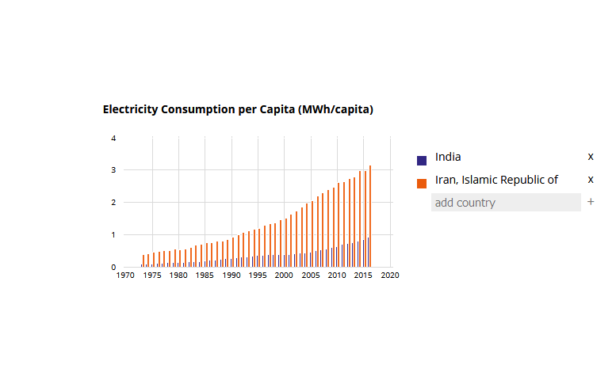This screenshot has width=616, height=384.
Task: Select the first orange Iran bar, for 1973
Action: coord(143,260)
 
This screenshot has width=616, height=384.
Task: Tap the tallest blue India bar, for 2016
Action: coord(368,253)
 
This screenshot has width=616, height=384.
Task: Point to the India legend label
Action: coord(448,157)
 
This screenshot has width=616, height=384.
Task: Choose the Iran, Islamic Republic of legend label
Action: coord(496,180)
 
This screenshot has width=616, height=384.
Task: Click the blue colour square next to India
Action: coord(422,160)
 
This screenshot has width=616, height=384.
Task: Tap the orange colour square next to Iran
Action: coord(422,183)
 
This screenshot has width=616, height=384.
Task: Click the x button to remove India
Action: coord(591,157)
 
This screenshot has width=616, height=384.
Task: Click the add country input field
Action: coord(506,203)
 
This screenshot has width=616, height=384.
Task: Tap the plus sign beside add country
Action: coord(591,203)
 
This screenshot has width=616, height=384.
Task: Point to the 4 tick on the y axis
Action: coord(113,138)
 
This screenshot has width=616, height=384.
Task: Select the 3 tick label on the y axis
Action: coord(113,170)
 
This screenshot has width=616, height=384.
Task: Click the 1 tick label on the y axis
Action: coord(113,235)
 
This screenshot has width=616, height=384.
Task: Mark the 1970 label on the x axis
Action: coord(125,276)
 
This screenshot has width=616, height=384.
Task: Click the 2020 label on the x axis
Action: coord(389,276)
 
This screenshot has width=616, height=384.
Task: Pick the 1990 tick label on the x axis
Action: coord(231,276)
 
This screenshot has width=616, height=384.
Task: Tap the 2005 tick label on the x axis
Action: coord(310,276)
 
